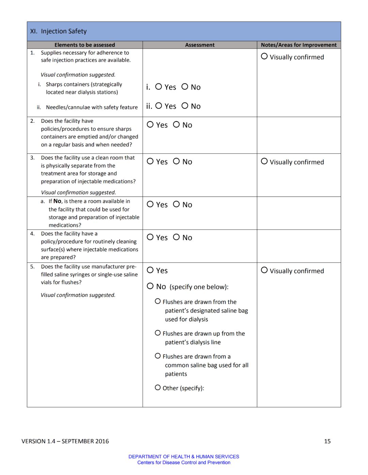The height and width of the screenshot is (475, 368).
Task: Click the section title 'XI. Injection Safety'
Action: pyautogui.click(x=59, y=31)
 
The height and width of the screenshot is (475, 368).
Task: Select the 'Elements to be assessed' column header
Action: pyautogui.click(x=85, y=45)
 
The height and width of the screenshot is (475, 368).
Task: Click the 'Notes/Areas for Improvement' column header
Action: pyautogui.click(x=298, y=45)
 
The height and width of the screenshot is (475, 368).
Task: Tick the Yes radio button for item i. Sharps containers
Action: pyautogui.click(x=158, y=87)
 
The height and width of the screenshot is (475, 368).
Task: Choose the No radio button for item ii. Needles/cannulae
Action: pyautogui.click(x=185, y=106)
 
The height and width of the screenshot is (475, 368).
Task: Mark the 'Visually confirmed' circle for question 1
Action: pyautogui.click(x=264, y=56)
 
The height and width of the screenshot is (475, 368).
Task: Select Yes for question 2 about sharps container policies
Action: pyautogui.click(x=150, y=124)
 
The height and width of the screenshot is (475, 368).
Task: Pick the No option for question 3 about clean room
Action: pyautogui.click(x=176, y=161)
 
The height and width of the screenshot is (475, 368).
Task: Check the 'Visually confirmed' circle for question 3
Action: pyautogui.click(x=264, y=162)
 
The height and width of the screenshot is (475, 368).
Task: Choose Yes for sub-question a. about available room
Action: pyautogui.click(x=150, y=204)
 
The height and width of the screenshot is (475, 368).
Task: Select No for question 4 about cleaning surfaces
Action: pyautogui.click(x=176, y=237)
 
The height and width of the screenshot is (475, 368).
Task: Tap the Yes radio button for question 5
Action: pyautogui.click(x=150, y=270)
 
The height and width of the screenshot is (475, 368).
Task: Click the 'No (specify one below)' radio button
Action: pyautogui.click(x=150, y=286)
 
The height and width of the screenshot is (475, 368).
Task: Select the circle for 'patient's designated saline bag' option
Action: pyautogui.click(x=158, y=301)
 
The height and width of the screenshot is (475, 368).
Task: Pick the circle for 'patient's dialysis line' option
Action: pyautogui.click(x=158, y=333)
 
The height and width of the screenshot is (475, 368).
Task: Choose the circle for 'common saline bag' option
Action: pyautogui.click(x=158, y=356)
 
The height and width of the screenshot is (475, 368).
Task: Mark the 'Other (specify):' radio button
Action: pyautogui.click(x=158, y=388)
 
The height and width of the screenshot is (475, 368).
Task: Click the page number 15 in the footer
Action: pyautogui.click(x=327, y=441)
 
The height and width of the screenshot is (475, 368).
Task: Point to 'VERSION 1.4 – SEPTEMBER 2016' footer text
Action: pyautogui.click(x=65, y=441)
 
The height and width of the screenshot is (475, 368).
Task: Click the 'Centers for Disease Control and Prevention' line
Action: pyautogui.click(x=184, y=463)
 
